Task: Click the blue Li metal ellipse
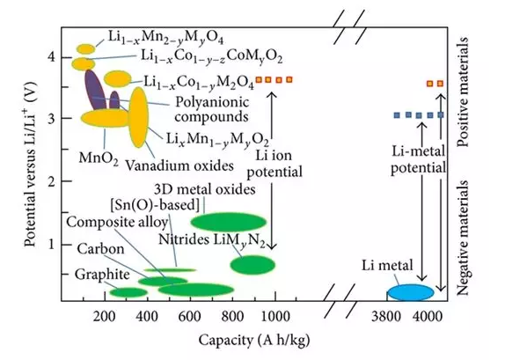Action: pos(411,292)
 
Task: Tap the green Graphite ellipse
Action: pos(128,292)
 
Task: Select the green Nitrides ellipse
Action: pos(252,265)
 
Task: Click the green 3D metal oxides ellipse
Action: pos(229,222)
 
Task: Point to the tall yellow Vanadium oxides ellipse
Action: pos(138,117)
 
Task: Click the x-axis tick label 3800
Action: pos(386,317)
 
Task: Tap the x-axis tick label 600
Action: pos(190,317)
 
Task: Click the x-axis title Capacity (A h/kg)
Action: pos(254,341)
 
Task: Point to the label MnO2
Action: pos(99,158)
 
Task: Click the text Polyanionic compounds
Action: pos(212,109)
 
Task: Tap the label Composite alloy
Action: pos(118,222)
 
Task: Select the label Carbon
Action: pos(100,248)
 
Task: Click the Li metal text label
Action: pos(387,265)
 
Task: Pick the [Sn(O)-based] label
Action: pos(155,205)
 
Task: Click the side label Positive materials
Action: pos(463,92)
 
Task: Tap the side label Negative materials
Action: pos(463,238)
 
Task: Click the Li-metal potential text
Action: pos(419,159)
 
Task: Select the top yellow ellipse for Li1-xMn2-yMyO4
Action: pos(86,49)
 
